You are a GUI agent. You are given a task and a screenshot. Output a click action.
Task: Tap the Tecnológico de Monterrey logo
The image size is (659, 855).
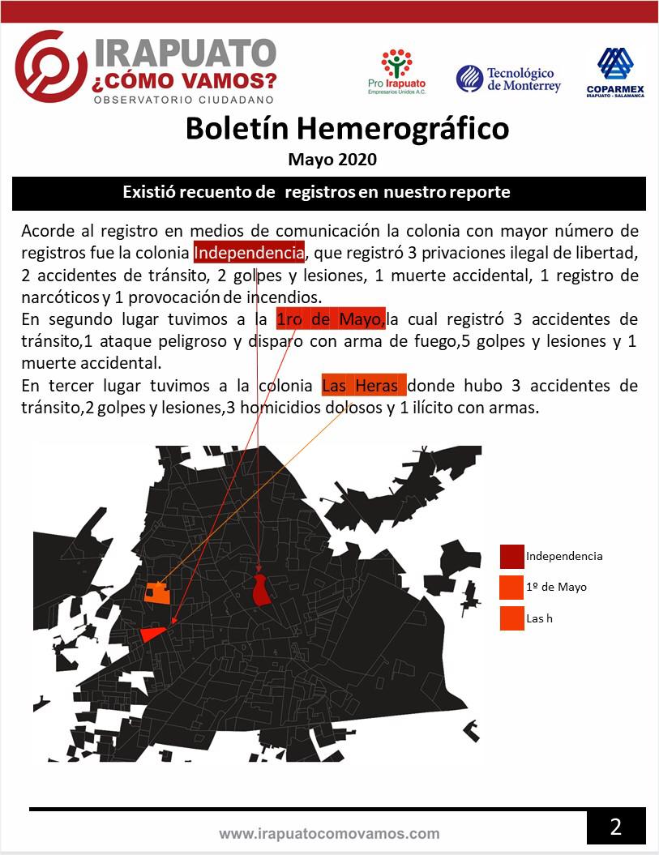(x=508, y=79)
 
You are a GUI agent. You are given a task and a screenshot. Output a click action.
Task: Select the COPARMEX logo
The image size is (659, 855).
(x=615, y=72)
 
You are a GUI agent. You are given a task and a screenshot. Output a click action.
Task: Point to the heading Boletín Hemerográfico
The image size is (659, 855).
(x=347, y=128)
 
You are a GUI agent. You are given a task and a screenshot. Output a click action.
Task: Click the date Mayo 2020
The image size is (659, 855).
(x=332, y=160)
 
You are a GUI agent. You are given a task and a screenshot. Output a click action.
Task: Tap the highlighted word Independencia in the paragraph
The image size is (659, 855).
(x=249, y=252)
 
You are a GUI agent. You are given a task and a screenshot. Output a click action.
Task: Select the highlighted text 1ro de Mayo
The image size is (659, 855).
(x=331, y=319)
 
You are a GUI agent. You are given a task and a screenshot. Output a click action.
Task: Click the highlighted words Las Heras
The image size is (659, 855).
(x=363, y=386)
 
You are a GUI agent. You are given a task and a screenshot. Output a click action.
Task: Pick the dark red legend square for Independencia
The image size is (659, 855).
(x=511, y=557)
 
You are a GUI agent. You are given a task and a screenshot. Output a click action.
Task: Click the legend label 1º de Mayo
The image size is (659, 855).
(x=556, y=587)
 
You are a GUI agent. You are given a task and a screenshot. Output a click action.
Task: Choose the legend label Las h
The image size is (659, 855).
(x=539, y=618)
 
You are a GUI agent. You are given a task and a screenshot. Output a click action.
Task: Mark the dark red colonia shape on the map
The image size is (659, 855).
(x=261, y=589)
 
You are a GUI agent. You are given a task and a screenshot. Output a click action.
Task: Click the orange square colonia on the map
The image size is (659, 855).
(x=157, y=592)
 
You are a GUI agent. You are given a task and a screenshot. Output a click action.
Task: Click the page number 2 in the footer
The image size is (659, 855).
(x=616, y=827)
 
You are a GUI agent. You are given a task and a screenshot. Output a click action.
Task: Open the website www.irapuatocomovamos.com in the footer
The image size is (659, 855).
(x=329, y=834)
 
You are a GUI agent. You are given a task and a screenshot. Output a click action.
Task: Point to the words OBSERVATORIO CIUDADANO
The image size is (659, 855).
(x=184, y=100)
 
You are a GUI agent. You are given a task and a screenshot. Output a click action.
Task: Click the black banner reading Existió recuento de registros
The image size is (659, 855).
(x=328, y=193)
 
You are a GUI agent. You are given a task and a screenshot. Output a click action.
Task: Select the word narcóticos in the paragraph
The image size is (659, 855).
(x=56, y=297)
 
